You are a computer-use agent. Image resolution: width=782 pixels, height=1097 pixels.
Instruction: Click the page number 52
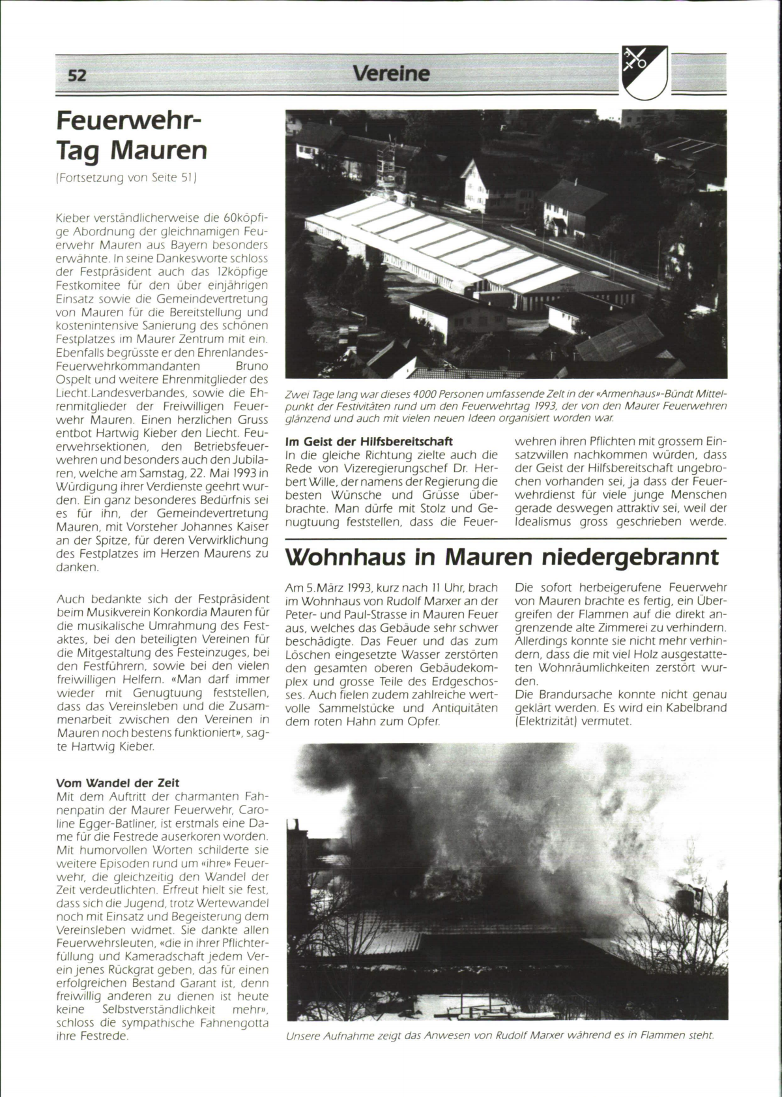pyautogui.click(x=77, y=76)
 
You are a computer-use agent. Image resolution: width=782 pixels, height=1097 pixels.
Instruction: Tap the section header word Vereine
pyautogui.click(x=391, y=73)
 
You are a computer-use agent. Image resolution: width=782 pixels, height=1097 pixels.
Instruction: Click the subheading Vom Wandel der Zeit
pyautogui.click(x=117, y=783)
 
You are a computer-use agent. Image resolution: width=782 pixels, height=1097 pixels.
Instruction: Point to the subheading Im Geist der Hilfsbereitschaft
pyautogui.click(x=369, y=442)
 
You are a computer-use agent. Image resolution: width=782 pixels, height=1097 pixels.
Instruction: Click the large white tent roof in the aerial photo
pyautogui.click(x=456, y=248)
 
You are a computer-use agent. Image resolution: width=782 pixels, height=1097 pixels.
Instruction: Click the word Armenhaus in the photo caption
pyautogui.click(x=609, y=395)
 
